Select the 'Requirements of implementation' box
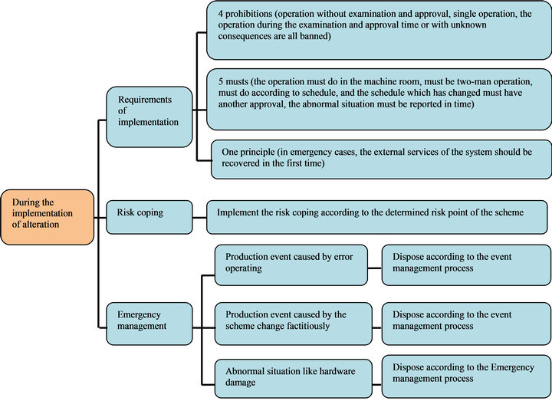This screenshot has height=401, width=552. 149,117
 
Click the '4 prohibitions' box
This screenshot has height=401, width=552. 379,31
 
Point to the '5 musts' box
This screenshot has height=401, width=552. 379,98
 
